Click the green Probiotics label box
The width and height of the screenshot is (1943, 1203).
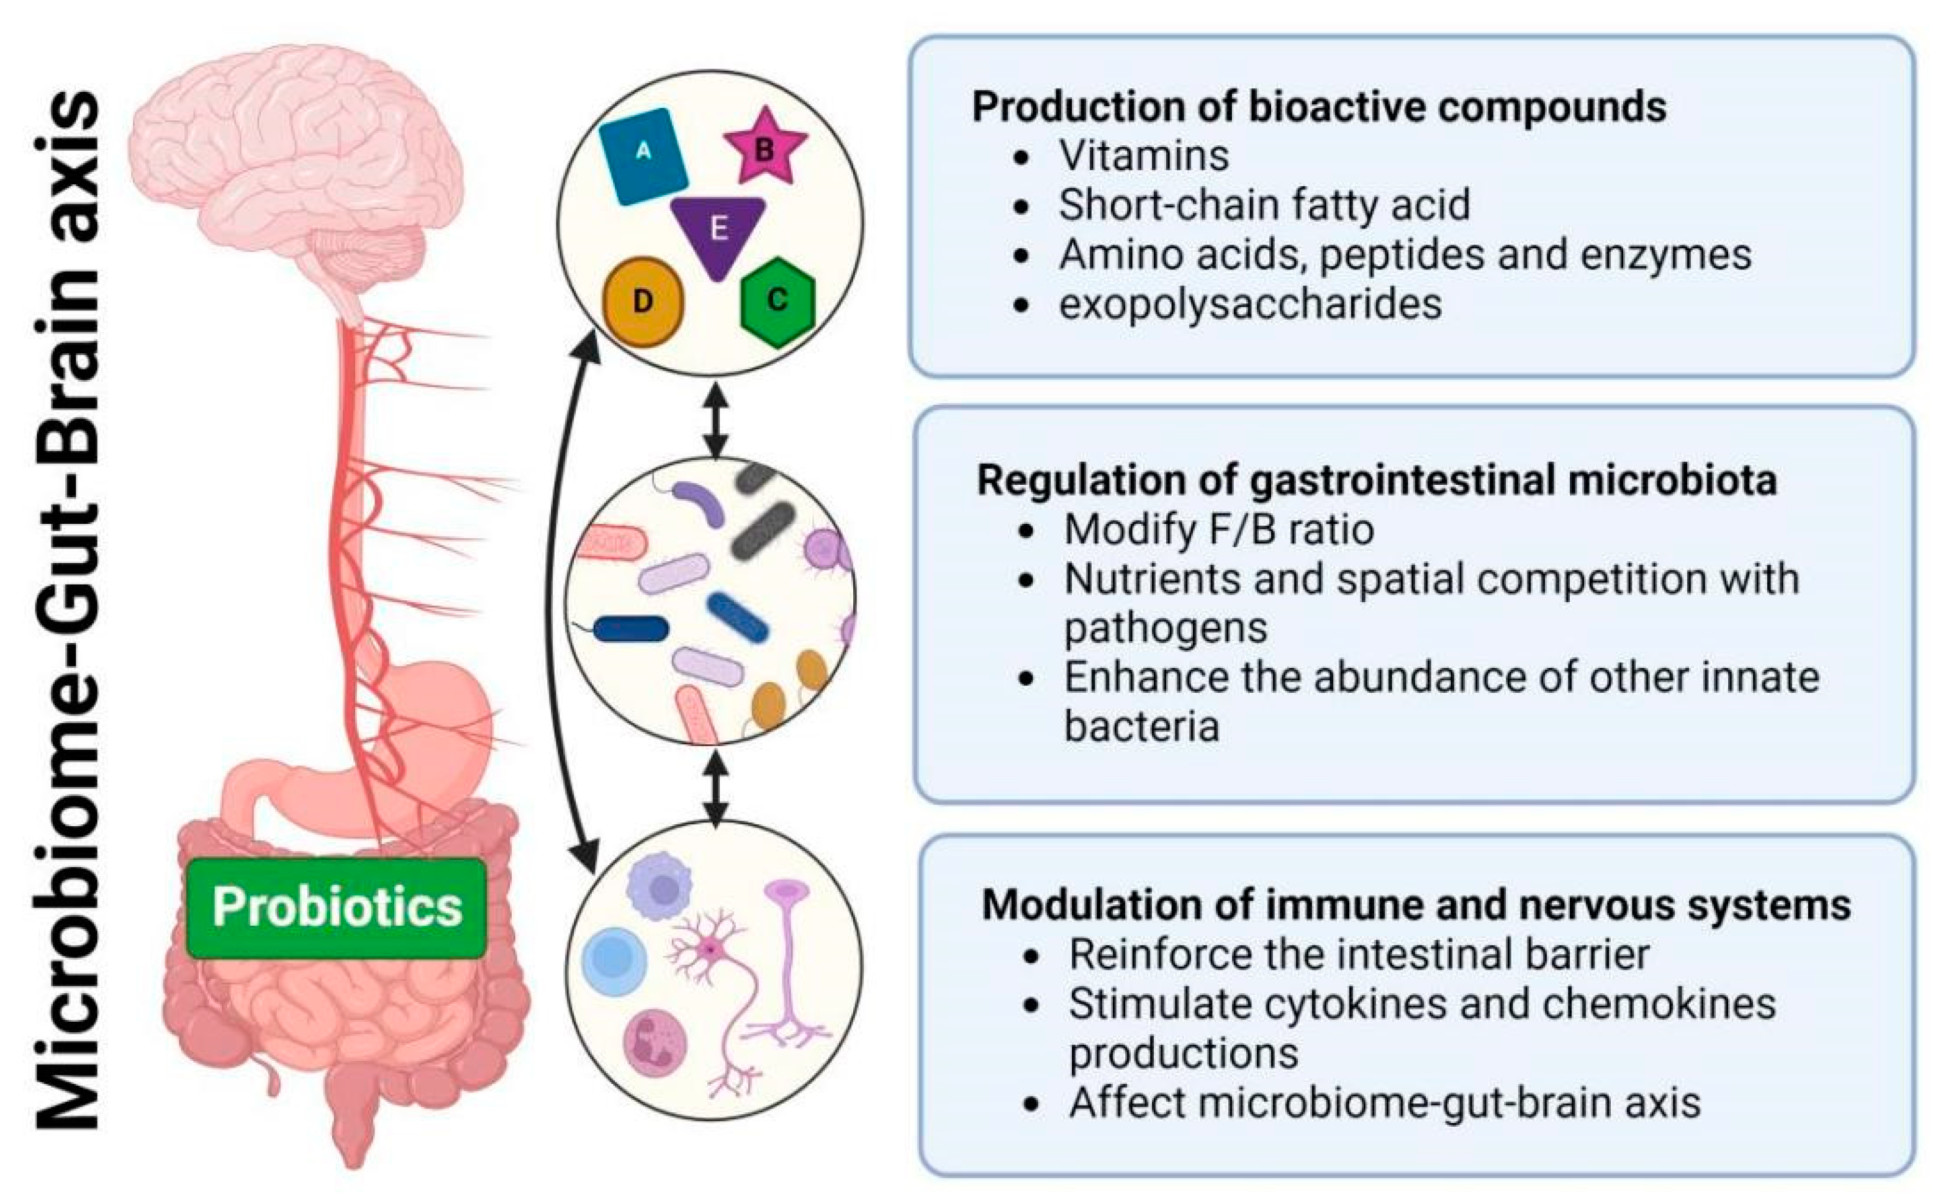336,907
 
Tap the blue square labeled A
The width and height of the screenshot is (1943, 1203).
643,156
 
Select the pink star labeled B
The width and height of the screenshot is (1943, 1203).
764,148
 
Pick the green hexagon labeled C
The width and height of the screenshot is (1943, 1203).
777,300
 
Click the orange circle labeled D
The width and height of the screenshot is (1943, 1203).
643,302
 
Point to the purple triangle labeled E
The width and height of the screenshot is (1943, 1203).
718,231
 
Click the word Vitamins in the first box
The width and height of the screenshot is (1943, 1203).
1143,155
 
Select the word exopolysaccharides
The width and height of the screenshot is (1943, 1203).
1250,304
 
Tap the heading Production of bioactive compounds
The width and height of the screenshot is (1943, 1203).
1318,107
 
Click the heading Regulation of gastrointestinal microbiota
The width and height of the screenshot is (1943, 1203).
1377,480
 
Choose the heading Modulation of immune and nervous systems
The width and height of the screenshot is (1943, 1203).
1416,904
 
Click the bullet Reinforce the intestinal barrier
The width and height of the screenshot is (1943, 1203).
1359,954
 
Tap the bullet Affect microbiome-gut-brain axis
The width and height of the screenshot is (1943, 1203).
1385,1102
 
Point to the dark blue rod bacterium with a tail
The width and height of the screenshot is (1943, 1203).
630,629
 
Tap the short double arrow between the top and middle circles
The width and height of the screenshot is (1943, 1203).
716,421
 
